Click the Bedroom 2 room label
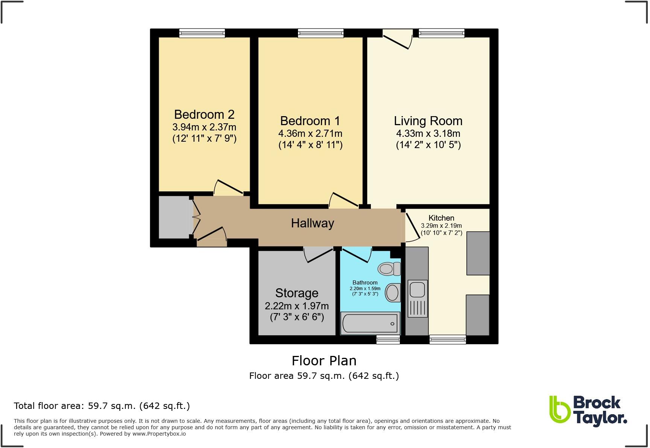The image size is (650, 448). (x=204, y=114)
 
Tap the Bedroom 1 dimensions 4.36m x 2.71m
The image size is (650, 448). (x=310, y=133)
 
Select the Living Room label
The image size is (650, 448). (x=428, y=121)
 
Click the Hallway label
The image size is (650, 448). (x=312, y=223)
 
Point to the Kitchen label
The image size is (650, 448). (x=441, y=218)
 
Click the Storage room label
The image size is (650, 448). (x=296, y=293)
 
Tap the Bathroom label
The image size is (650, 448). (x=365, y=283)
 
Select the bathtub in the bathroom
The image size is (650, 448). (x=370, y=323)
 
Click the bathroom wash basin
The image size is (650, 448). (x=393, y=292)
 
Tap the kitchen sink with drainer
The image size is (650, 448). (x=417, y=298)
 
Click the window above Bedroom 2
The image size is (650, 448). (x=202, y=33)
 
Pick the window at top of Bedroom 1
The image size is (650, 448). (x=320, y=33)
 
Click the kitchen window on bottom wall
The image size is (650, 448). (x=448, y=340)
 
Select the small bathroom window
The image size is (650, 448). (x=388, y=340)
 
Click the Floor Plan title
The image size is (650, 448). (x=324, y=361)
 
